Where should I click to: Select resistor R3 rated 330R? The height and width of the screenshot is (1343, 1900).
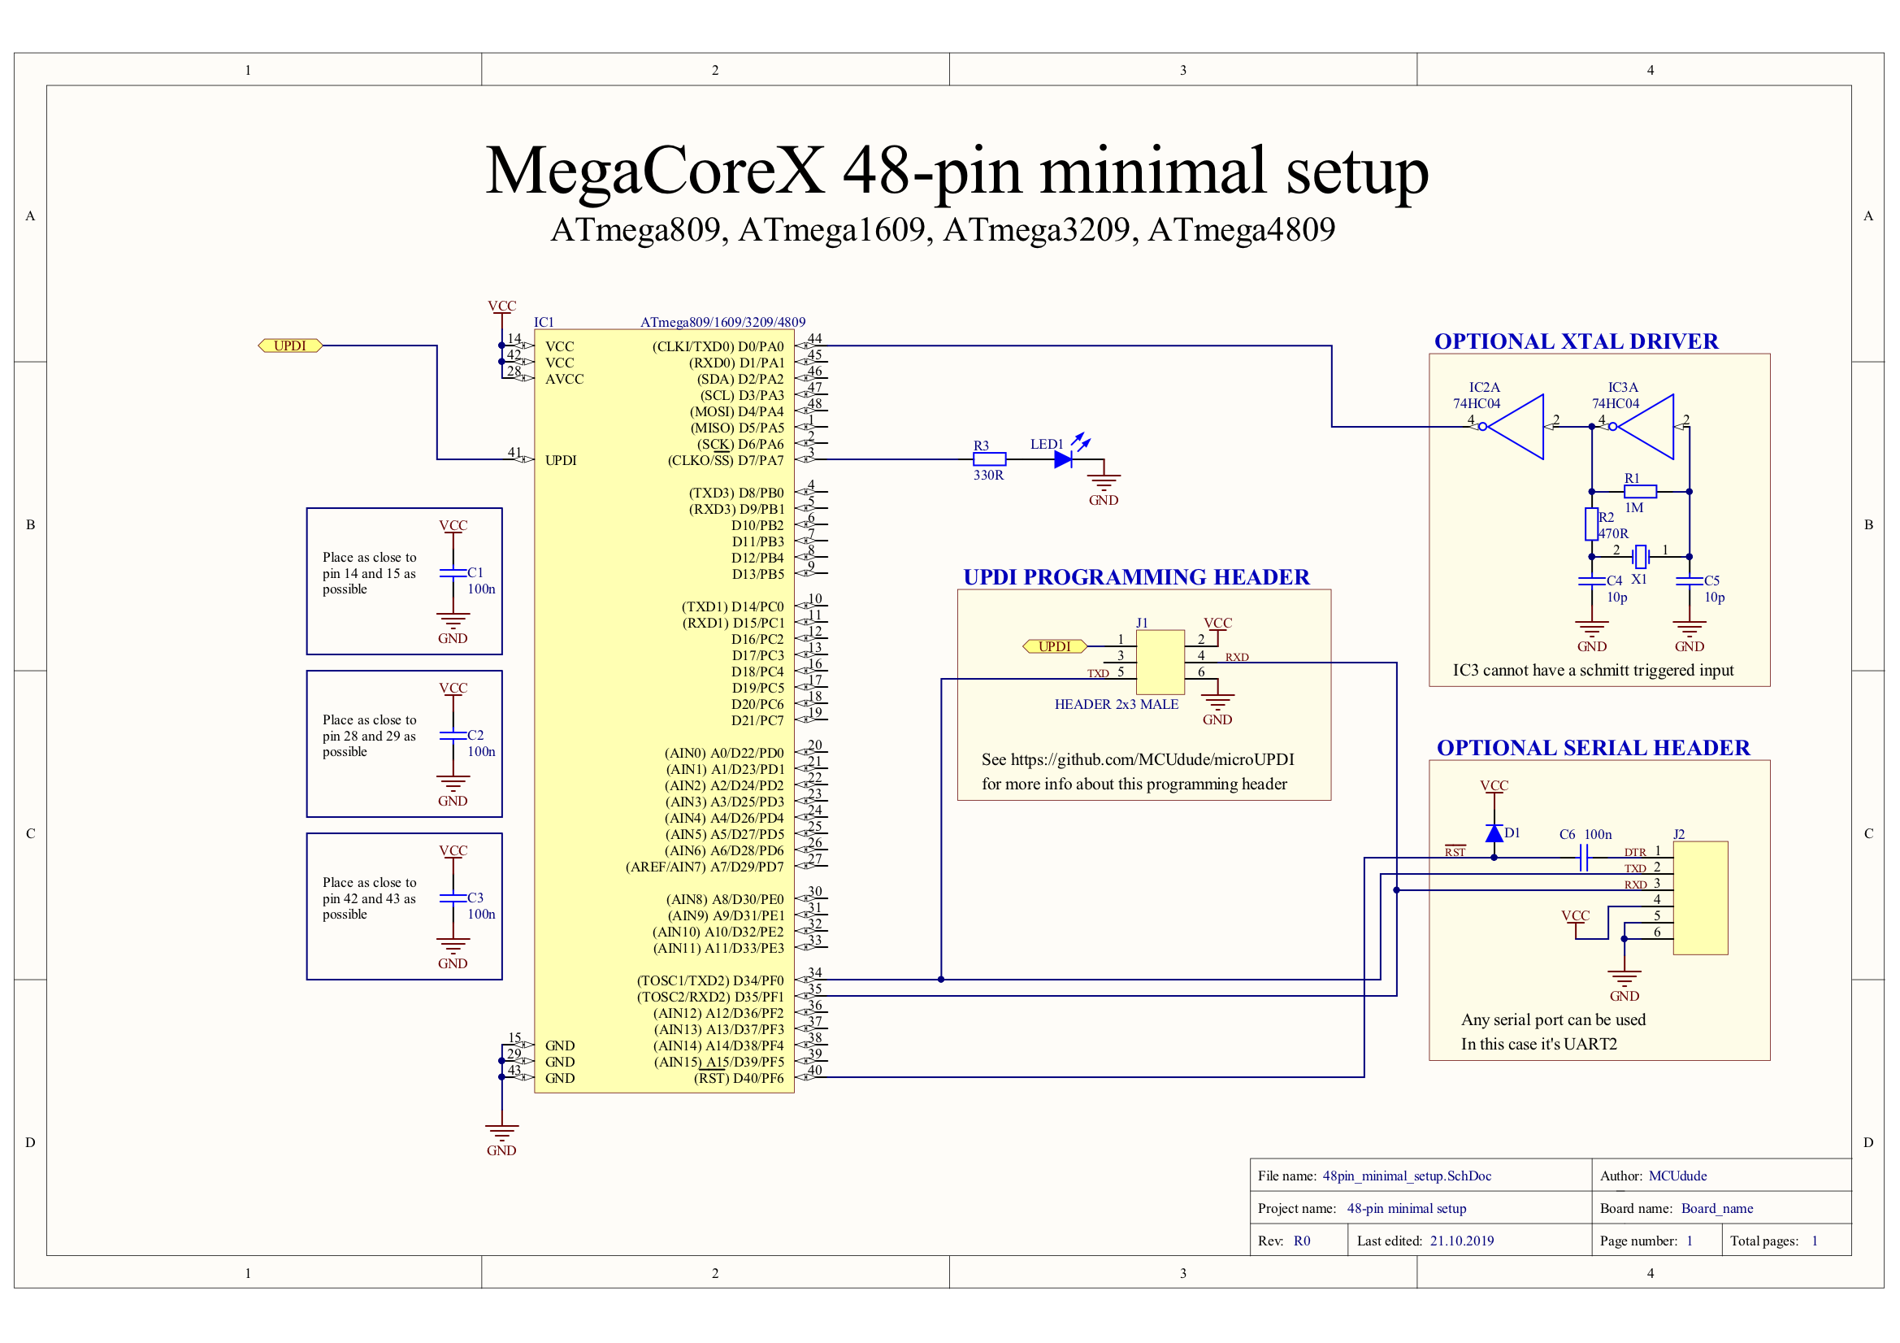[x=990, y=459]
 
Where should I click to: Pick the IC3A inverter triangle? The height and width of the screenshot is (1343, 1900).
[x=1645, y=427]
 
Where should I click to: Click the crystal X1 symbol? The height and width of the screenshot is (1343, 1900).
[x=1641, y=556]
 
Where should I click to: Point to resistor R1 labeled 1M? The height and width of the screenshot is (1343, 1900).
[x=1640, y=491]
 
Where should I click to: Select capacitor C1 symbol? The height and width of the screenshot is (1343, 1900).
[x=453, y=572]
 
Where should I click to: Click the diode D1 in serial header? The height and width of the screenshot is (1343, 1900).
[x=1494, y=833]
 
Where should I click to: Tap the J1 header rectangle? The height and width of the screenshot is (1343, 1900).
[x=1160, y=663]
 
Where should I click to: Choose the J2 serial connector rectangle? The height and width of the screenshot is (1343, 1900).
[x=1701, y=898]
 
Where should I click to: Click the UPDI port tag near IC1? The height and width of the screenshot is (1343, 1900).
[x=290, y=346]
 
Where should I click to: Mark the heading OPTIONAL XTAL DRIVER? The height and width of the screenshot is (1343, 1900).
[x=1577, y=341]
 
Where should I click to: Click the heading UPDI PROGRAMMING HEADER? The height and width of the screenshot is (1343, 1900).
[x=1136, y=577]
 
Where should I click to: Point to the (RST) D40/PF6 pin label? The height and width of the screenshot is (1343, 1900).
[x=738, y=1078]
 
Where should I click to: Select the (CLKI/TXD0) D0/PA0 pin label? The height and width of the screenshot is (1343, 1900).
[x=718, y=346]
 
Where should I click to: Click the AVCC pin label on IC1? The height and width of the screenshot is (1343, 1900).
[x=564, y=379]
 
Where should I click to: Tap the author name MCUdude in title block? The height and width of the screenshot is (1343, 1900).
[x=1677, y=1176]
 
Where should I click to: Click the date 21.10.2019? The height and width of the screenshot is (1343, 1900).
[x=1462, y=1241]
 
